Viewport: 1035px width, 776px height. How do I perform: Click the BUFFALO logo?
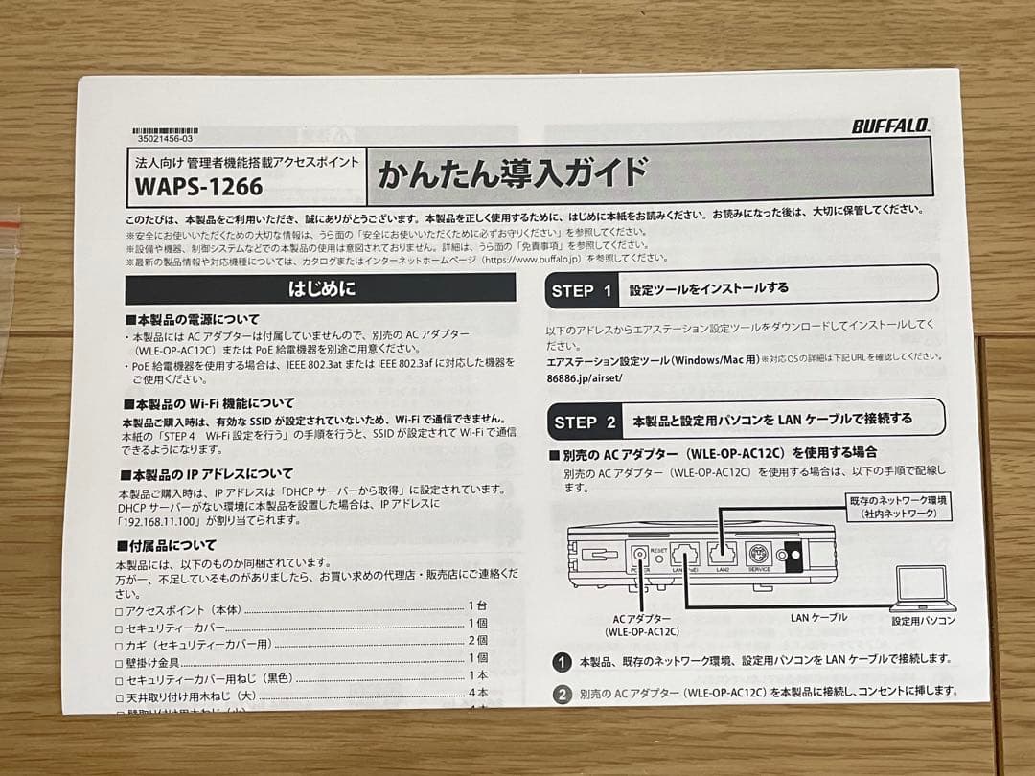tap(890, 125)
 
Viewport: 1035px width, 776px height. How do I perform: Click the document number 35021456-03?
tap(165, 139)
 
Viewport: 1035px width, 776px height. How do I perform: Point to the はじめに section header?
tap(321, 288)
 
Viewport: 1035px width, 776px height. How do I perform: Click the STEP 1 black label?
tap(583, 290)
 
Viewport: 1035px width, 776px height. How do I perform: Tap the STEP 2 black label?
tap(585, 422)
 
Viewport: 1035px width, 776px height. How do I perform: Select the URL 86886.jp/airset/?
tap(585, 377)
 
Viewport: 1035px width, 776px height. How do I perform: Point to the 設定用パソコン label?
tap(923, 621)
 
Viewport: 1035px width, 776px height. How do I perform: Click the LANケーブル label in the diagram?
tap(818, 617)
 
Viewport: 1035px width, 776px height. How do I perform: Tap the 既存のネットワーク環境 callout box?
tap(899, 507)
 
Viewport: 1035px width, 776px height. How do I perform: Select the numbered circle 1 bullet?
tap(563, 662)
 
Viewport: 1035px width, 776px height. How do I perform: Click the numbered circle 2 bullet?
tap(563, 693)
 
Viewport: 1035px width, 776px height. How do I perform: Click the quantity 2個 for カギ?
tap(478, 641)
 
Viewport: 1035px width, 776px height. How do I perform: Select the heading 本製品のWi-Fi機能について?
tap(209, 403)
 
